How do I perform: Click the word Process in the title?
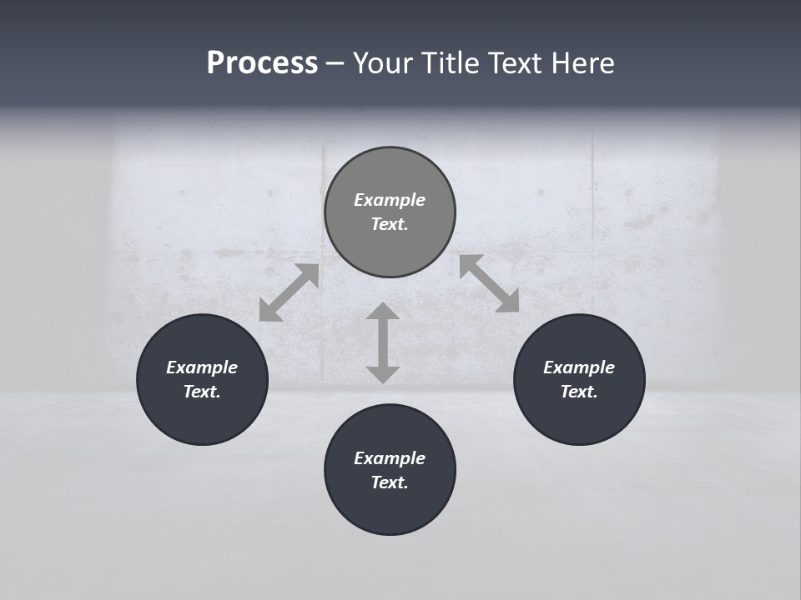tap(262, 63)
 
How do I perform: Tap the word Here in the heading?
tap(583, 63)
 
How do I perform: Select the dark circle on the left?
tap(202, 417)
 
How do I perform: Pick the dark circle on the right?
tap(579, 417)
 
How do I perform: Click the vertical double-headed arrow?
tap(383, 342)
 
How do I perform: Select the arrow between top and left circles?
tap(289, 292)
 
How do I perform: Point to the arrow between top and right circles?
tap(490, 283)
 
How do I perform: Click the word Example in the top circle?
tap(390, 200)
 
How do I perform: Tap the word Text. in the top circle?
tap(390, 224)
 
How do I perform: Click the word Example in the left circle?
tap(202, 367)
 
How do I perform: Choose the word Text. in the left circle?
tap(202, 392)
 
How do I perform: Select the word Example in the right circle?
tap(579, 367)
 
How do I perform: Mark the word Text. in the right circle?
tap(579, 392)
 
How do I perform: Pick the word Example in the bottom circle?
tap(390, 458)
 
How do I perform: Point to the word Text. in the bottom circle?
tap(390, 482)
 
